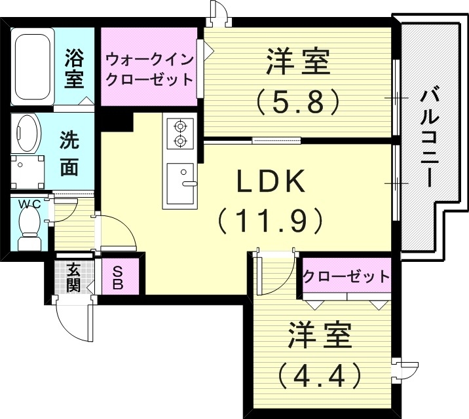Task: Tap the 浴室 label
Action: [x=74, y=69]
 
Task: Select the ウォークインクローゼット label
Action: [x=150, y=70]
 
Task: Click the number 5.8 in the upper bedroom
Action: [x=299, y=100]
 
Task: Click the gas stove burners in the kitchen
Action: [x=179, y=132]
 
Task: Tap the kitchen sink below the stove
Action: [x=180, y=184]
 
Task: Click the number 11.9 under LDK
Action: [x=271, y=221]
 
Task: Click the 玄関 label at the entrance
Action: [x=72, y=278]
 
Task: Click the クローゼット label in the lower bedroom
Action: [x=346, y=276]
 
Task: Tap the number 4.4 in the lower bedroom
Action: [x=319, y=376]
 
